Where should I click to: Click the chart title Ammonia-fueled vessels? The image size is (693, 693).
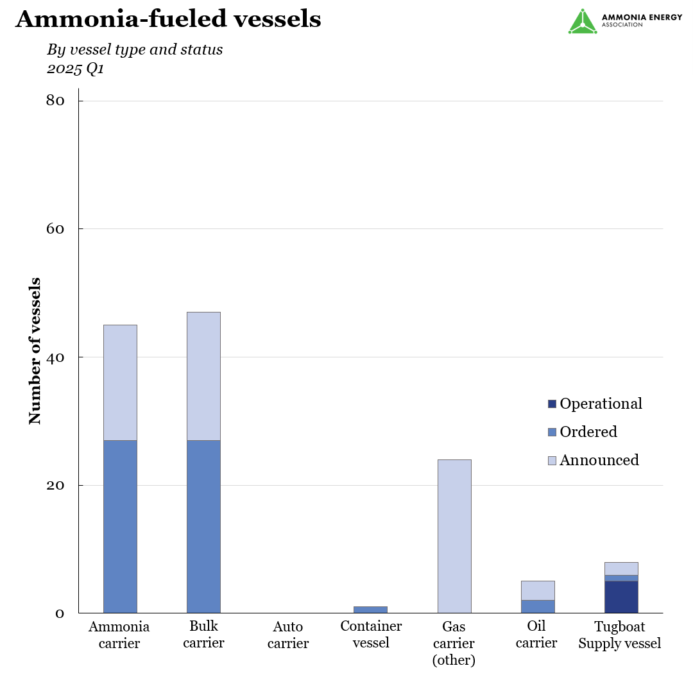(x=168, y=19)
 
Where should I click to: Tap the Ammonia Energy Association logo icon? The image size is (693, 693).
(x=583, y=22)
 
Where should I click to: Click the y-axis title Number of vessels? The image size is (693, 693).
(x=35, y=350)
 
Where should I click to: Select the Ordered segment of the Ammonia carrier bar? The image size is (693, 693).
(x=120, y=526)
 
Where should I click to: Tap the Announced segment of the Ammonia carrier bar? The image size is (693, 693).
(x=120, y=382)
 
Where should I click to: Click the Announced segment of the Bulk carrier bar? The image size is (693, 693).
(x=203, y=376)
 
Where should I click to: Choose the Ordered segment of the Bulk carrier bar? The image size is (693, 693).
(x=203, y=526)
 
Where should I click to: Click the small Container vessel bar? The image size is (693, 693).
(x=371, y=610)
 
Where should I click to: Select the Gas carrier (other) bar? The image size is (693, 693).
(x=454, y=536)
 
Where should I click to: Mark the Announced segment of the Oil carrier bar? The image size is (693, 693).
(x=538, y=590)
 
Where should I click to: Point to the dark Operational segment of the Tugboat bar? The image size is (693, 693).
(x=621, y=597)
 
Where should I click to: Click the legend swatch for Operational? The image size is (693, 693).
(x=552, y=404)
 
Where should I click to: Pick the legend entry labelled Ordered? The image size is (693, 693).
(x=588, y=432)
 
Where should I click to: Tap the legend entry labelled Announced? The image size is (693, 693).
(x=599, y=460)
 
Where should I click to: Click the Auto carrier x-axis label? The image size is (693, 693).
(x=288, y=635)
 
